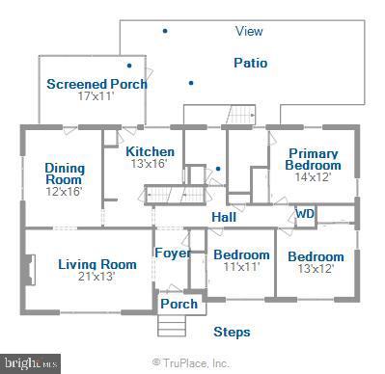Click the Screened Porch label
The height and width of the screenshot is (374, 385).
pos(97,84)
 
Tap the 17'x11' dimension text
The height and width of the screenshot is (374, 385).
pos(96,96)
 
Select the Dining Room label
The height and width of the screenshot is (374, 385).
pos(65,174)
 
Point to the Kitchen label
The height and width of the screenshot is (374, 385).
pos(151,151)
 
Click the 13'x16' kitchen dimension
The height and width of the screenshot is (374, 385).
pos(150,164)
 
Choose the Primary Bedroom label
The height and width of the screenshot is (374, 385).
pos(313,159)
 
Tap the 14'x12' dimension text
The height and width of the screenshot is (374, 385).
pos(313,177)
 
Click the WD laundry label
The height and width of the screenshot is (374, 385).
pos(305,214)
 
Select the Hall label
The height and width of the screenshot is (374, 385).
pos(225,218)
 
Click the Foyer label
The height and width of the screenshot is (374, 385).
pos(173,254)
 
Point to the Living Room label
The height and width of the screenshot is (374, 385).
pos(97,264)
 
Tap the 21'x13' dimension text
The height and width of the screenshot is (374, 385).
pos(97,278)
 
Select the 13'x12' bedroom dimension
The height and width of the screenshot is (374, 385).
pos(315,269)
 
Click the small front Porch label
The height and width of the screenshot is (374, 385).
pos(179,304)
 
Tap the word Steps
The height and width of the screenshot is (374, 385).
pos(232,333)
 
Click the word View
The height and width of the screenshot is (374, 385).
pos(249,32)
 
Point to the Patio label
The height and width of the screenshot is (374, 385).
pos(251,64)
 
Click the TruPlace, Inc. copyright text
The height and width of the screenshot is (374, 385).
pos(191,364)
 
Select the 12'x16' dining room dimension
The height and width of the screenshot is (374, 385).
pos(64,191)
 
